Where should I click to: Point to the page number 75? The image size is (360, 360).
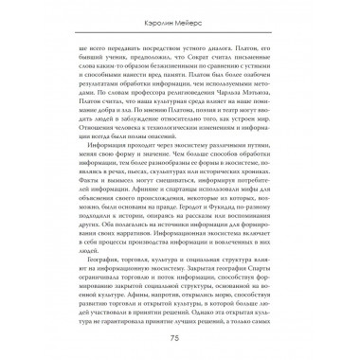180,338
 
